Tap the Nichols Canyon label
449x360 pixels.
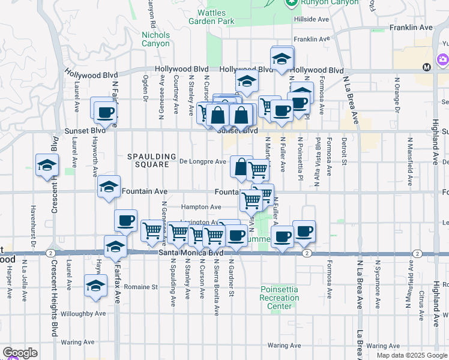tap(156, 39)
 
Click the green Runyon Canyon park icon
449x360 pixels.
tap(292, 2)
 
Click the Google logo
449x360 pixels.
tap(19, 353)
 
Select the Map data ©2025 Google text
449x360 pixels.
tap(412, 355)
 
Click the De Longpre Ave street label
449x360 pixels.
tap(203, 161)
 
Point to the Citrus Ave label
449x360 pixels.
tap(422, 296)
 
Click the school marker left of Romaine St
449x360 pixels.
tap(95, 286)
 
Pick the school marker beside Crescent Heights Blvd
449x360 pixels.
tap(47, 166)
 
